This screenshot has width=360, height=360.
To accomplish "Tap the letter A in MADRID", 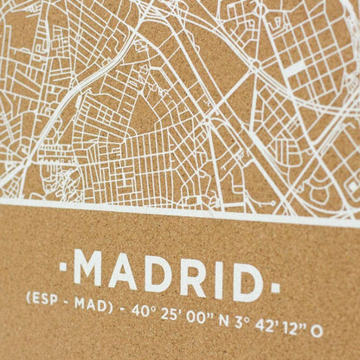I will tap(129, 271).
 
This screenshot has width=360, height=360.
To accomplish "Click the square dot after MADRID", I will tap(275, 281).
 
